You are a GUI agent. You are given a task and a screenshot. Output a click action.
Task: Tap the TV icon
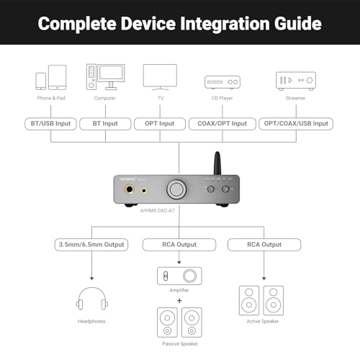click(160, 77)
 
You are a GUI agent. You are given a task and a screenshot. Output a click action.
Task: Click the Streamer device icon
click(295, 78)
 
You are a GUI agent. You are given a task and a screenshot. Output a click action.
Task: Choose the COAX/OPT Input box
click(222, 123)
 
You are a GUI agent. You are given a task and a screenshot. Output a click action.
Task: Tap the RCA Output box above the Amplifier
click(179, 245)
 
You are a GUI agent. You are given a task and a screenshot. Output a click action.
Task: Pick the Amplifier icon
click(179, 276)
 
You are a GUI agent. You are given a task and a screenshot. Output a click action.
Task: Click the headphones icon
click(92, 299)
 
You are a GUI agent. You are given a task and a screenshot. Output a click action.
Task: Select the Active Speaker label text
click(261, 320)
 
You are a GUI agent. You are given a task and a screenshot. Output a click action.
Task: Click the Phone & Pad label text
click(51, 97)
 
